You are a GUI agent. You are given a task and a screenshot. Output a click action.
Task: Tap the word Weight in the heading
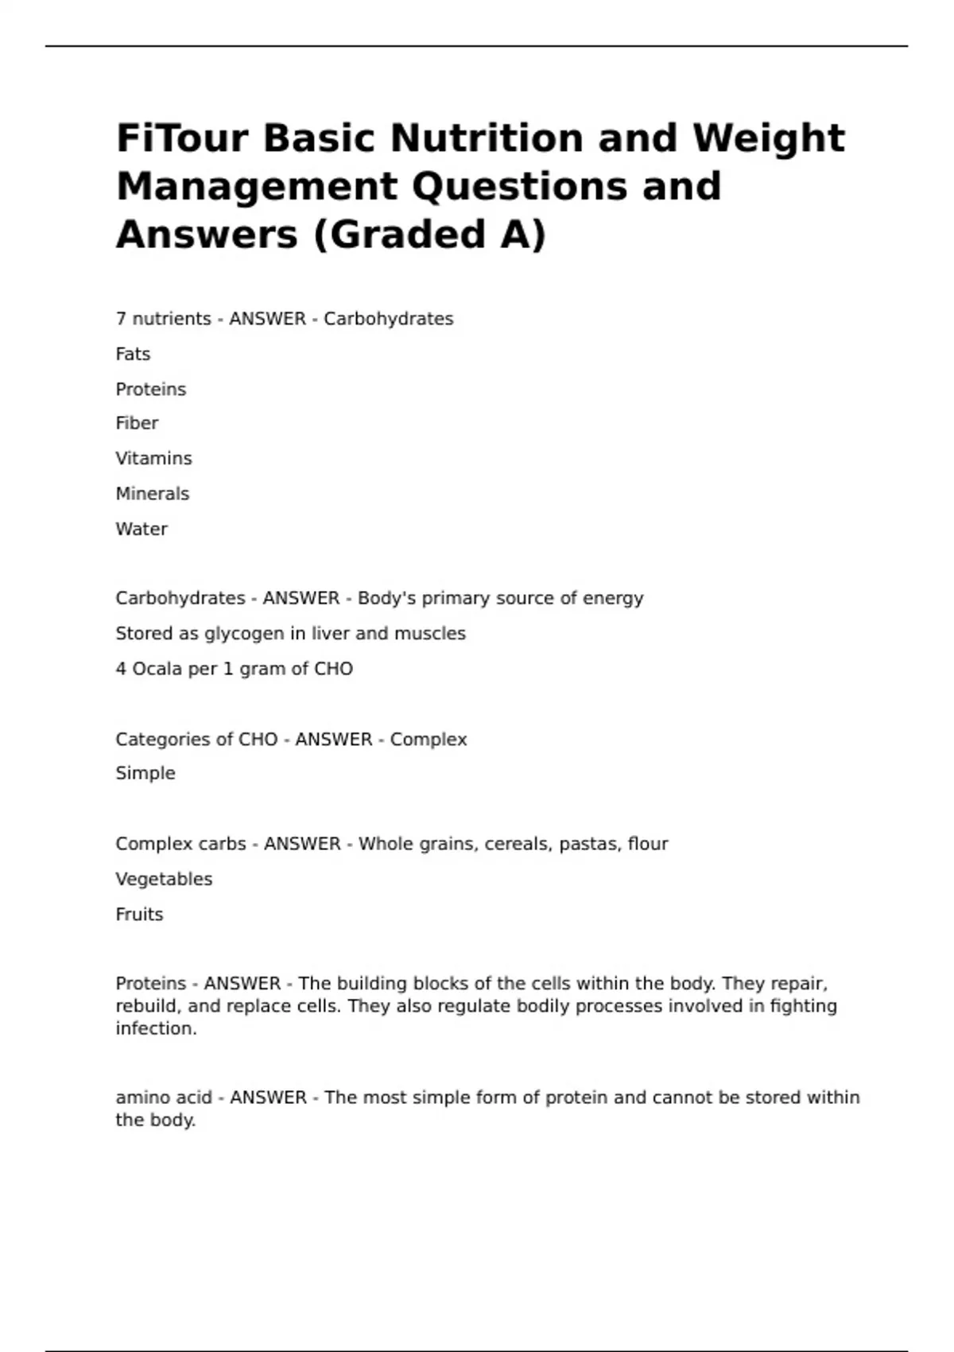[x=768, y=138]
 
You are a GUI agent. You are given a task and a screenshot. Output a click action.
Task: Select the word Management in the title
[x=256, y=186]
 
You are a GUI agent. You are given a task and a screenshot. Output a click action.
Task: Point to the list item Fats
[x=133, y=354]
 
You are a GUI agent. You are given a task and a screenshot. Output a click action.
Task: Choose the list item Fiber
[x=137, y=423]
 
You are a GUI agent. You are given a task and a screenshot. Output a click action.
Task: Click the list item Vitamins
[x=153, y=458]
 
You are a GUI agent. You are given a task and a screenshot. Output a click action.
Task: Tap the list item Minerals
[x=152, y=494]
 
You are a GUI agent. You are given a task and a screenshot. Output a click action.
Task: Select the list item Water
[x=142, y=529]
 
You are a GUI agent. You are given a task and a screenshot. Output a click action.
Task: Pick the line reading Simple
[x=145, y=773]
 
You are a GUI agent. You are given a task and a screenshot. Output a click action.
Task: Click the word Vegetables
[x=164, y=879]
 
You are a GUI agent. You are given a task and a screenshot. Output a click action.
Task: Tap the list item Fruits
[x=139, y=915]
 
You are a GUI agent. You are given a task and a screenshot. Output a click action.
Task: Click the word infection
[x=156, y=1028]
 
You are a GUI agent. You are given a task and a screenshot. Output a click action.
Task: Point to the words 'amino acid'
[x=164, y=1098]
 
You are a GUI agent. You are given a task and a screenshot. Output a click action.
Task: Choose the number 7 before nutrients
[x=121, y=319]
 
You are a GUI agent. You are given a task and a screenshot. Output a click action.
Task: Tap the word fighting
[x=803, y=1006]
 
